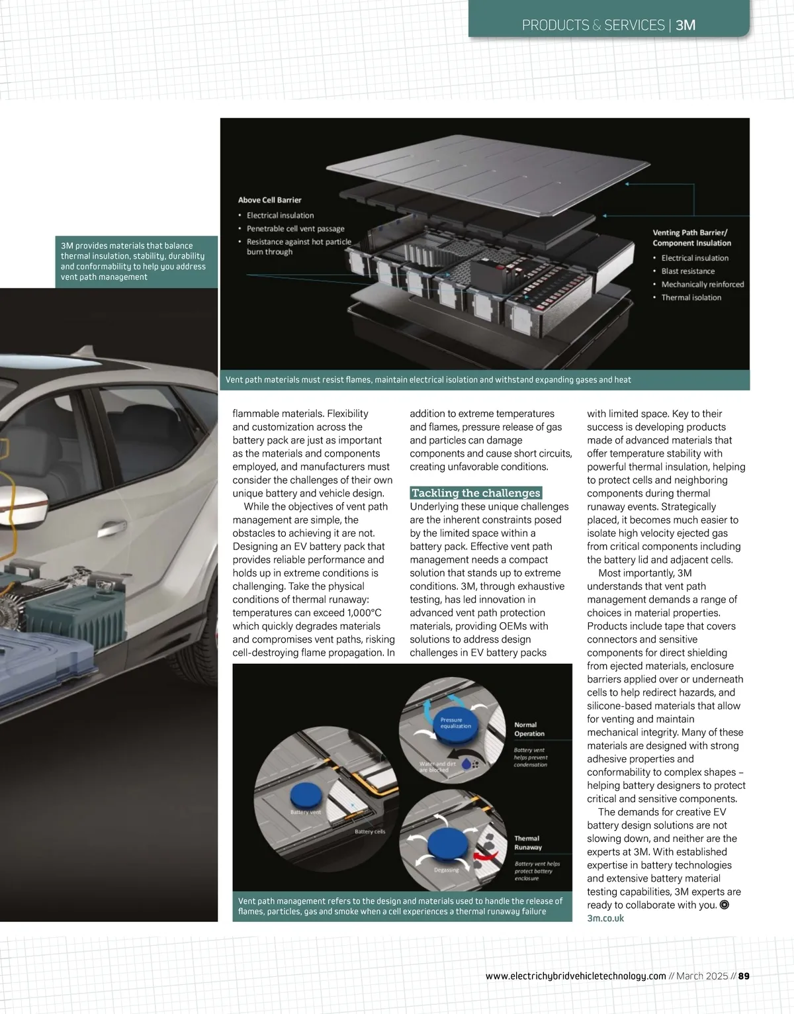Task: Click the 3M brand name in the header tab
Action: tap(685, 25)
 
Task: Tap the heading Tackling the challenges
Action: tap(476, 493)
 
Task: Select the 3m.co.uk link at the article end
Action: tap(605, 918)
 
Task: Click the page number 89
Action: tap(744, 976)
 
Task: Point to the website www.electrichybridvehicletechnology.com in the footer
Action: tap(576, 976)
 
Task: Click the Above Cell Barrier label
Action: tap(269, 200)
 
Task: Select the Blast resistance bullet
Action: tap(687, 271)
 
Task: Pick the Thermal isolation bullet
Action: tap(691, 298)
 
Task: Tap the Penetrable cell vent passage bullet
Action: tap(295, 229)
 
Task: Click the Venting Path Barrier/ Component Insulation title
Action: tap(691, 238)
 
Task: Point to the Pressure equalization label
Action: tap(455, 723)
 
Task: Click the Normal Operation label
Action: tap(529, 729)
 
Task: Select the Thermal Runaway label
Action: tap(527, 843)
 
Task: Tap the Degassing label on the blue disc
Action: tap(447, 870)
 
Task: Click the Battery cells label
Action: tap(369, 832)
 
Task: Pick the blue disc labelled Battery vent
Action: tap(306, 797)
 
